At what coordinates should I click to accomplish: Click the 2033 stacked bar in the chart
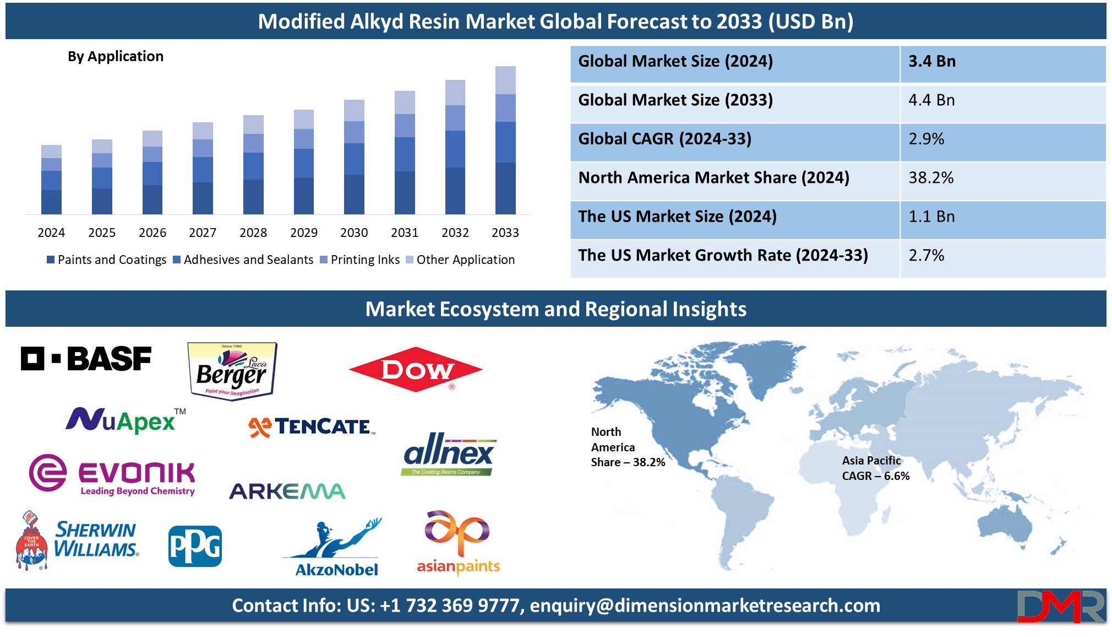[x=505, y=140]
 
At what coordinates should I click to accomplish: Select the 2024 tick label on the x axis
[x=51, y=233]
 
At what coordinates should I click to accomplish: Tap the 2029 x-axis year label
[x=304, y=233]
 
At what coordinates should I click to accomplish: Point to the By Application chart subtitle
[x=116, y=56]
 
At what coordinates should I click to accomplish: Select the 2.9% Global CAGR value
[x=926, y=139]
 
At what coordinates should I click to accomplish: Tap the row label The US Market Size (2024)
[x=677, y=217]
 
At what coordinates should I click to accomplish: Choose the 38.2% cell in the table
[x=931, y=177]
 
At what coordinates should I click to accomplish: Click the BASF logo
[x=86, y=359]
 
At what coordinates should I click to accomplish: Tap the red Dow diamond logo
[x=416, y=370]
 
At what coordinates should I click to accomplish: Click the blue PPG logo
[x=195, y=546]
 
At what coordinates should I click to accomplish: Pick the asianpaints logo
[x=458, y=543]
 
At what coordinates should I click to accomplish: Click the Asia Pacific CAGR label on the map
[x=876, y=468]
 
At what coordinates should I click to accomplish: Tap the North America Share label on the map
[x=628, y=447]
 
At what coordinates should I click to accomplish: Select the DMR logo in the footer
[x=1061, y=606]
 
